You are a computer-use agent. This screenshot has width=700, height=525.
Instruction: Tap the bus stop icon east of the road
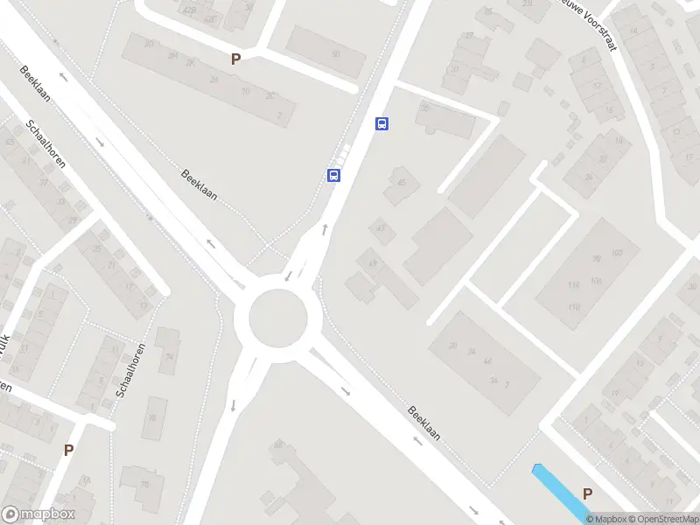tap(381, 123)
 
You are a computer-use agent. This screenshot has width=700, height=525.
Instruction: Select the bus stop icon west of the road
tap(333, 176)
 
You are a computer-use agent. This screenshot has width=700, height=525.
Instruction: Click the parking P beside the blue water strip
tap(587, 493)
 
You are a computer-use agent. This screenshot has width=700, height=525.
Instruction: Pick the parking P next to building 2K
tap(234, 59)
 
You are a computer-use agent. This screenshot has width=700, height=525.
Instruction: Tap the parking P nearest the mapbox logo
tap(68, 450)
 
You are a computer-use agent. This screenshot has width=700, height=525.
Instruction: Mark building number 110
tap(574, 306)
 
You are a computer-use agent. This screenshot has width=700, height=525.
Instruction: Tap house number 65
tap(279, 445)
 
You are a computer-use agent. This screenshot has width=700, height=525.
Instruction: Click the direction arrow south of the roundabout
tap(234, 405)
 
